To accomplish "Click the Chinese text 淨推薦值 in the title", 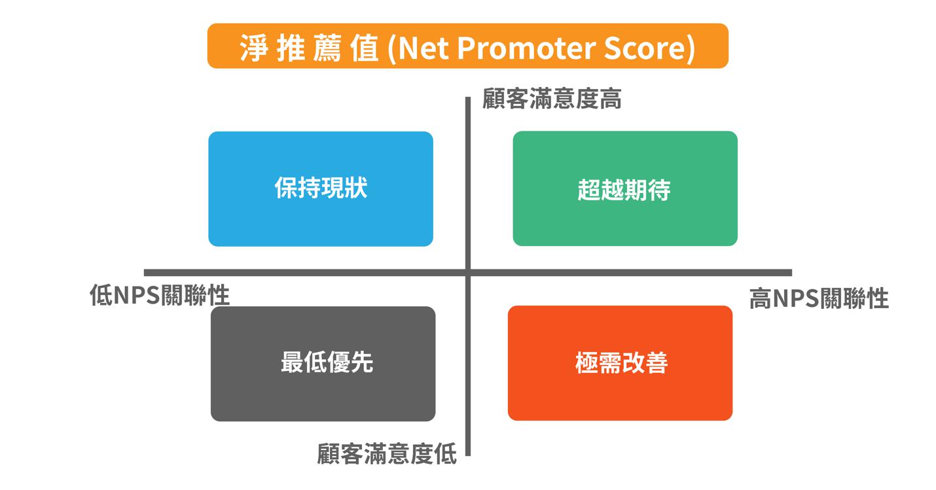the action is click(309, 48).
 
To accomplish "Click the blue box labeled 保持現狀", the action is click(321, 189).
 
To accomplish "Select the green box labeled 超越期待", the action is click(625, 188).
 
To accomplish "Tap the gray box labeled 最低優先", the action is click(323, 364).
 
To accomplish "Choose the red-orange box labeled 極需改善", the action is click(620, 363).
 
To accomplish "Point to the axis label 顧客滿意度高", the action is click(552, 99).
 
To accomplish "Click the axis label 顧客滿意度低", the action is click(387, 453).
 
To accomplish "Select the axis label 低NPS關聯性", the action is click(160, 295).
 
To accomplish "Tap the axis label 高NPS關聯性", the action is click(819, 298).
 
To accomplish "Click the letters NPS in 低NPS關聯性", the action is click(136, 295).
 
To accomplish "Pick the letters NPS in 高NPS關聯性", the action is click(796, 299).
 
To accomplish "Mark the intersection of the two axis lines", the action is click(468, 273).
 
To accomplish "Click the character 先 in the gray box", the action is click(362, 362).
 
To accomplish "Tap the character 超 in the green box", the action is click(589, 190).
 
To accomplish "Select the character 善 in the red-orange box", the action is click(657, 362).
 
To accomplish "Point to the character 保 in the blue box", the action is click(286, 188).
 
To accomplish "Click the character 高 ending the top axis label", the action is click(611, 99).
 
